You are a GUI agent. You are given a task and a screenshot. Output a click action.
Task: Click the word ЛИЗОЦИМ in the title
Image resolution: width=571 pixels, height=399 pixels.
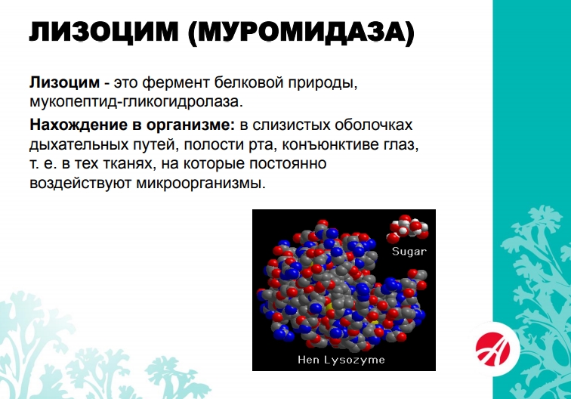point(103,32)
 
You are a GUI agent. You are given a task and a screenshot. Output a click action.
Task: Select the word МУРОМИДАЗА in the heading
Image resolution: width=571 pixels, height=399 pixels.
point(302,32)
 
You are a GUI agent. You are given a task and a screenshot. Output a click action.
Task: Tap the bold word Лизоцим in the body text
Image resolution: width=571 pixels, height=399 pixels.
point(64,83)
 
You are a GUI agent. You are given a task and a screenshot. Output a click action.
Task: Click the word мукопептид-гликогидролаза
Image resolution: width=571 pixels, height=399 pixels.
point(136,102)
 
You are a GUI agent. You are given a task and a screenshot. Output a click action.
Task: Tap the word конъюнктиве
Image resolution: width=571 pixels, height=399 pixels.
point(330,144)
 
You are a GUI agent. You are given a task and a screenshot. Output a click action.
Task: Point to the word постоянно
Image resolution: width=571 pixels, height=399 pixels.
point(288,164)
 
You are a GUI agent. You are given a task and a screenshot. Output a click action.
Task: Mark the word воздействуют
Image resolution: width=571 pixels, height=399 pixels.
point(81,183)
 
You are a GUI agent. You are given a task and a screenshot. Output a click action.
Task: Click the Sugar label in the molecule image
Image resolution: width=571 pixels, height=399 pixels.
point(409,252)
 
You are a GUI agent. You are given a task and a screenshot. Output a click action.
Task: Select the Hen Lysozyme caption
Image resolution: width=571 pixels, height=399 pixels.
point(341,360)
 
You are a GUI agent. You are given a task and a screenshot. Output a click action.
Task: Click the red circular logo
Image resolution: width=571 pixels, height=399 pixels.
point(493,348)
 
